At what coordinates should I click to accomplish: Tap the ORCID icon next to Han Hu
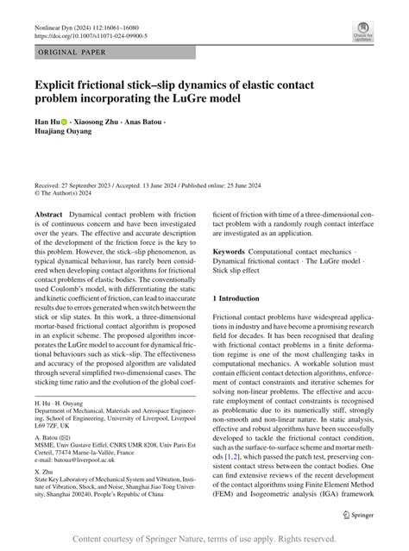pyautogui.click(x=63, y=122)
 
